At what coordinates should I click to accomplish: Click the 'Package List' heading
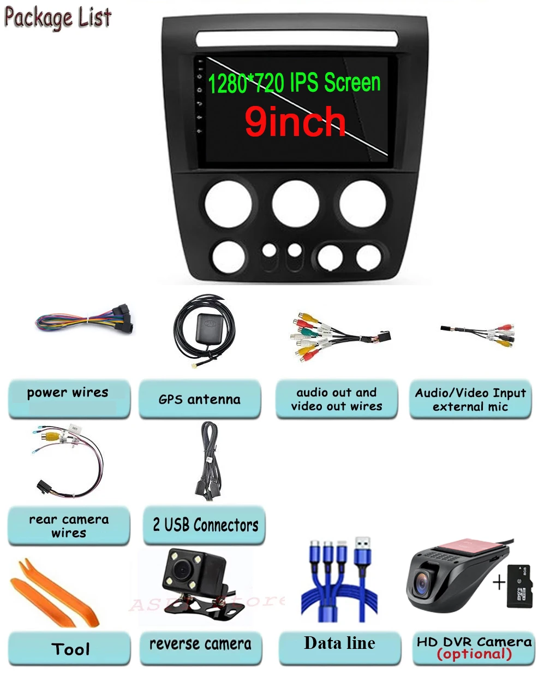(x=58, y=17)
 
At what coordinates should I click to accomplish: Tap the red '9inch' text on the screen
(x=295, y=122)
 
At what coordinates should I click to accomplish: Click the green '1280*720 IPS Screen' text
(x=294, y=83)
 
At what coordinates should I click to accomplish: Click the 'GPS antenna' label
(x=199, y=399)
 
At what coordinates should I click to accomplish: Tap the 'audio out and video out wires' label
(x=336, y=399)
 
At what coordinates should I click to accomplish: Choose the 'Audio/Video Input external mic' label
(x=470, y=399)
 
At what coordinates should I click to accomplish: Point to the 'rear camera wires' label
(x=69, y=525)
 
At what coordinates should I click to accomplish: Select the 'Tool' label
(x=70, y=649)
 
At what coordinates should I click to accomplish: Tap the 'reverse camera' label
(x=200, y=644)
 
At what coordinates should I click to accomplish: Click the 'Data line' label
(x=339, y=643)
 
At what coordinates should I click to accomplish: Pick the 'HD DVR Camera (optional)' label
(x=474, y=648)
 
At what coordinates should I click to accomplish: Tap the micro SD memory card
(x=519, y=586)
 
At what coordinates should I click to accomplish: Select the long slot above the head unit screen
(x=296, y=38)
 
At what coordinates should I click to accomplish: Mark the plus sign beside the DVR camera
(x=499, y=582)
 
